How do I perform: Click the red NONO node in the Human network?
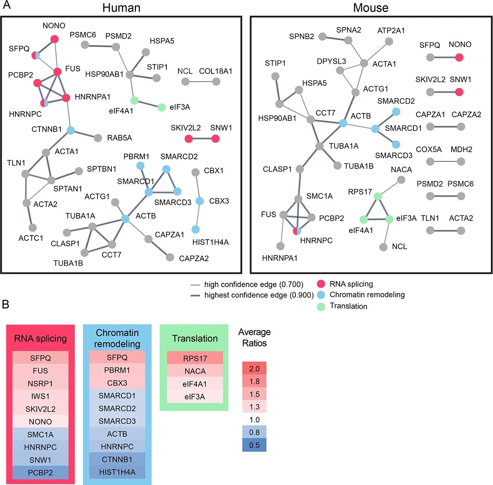point(54,39)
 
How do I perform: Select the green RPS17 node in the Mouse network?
point(378,196)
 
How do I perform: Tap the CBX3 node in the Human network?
point(200,201)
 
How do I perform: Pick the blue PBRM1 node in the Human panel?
point(140,165)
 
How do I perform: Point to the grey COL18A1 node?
point(216,81)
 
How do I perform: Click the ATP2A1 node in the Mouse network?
point(389,41)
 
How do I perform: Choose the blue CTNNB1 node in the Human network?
point(71,130)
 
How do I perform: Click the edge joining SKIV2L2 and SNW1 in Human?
point(202,139)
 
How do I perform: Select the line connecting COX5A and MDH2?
point(446,162)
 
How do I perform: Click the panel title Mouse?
point(371,8)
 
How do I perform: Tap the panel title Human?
point(121,8)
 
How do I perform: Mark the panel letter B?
point(5,304)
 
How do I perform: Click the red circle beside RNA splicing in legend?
point(321,284)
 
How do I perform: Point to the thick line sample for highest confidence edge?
point(195,295)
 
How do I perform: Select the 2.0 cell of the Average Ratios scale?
point(254,369)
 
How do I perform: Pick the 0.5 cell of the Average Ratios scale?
point(254,445)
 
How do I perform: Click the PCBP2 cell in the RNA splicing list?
point(41,473)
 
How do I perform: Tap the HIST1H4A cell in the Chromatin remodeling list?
point(117,472)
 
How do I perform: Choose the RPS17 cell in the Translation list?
point(195,358)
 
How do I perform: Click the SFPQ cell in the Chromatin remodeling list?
point(117,357)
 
